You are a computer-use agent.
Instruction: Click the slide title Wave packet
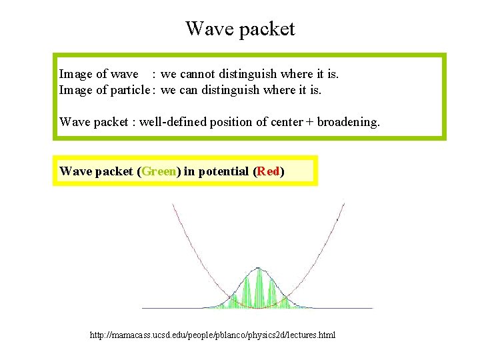point(240,29)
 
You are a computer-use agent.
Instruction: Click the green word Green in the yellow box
point(159,171)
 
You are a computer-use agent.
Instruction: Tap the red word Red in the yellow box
point(269,171)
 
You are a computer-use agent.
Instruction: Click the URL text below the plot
point(213,335)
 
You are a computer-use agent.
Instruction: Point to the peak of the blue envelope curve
point(259,268)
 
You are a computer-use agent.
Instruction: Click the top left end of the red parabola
point(173,204)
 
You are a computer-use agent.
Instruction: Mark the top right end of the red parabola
point(344,203)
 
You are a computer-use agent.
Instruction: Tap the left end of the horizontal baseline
point(143,308)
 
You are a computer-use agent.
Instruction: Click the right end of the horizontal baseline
point(372,308)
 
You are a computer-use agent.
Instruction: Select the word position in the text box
point(233,121)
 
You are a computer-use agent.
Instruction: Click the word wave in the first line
point(125,74)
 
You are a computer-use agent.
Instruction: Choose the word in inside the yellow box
point(189,171)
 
